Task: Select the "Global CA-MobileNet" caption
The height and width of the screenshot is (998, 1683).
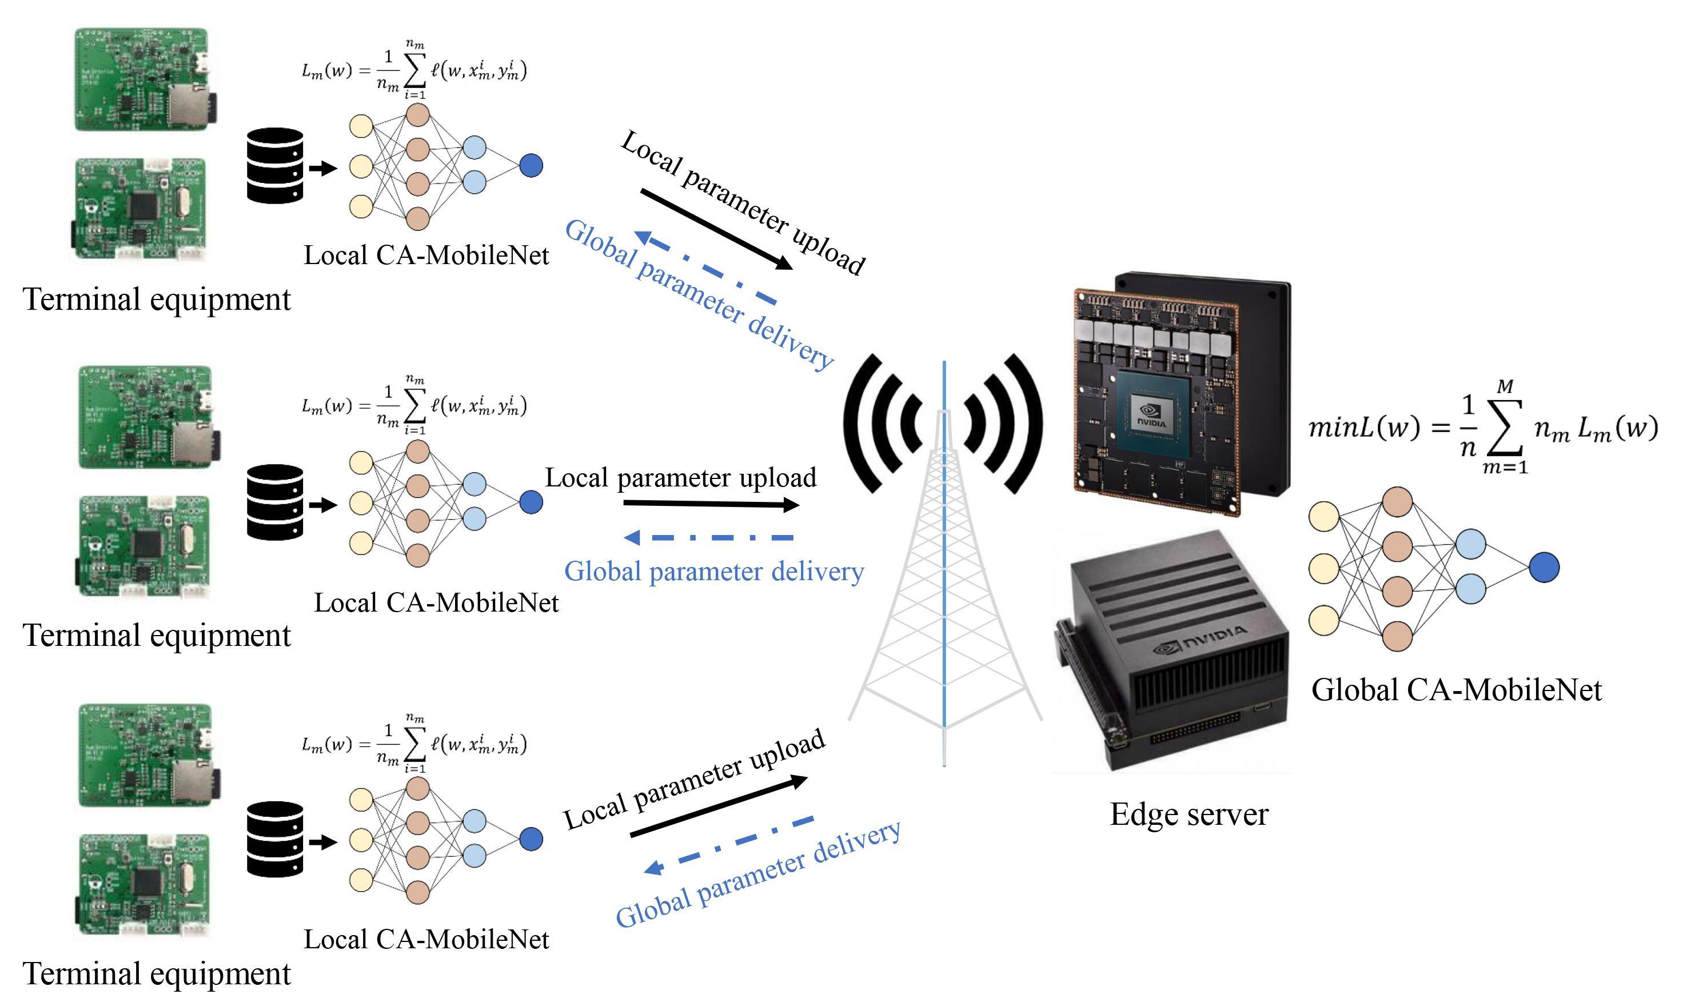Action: (x=1457, y=690)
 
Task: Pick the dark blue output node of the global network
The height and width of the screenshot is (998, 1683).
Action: (x=1544, y=568)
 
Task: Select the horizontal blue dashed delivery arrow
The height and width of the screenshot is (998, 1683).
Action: (x=709, y=537)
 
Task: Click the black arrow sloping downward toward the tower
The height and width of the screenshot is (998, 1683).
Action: (x=717, y=229)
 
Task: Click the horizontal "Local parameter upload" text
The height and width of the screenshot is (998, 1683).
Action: (x=680, y=477)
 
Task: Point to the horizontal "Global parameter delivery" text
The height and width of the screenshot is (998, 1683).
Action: (x=714, y=571)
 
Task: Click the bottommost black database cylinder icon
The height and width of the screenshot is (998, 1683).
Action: (x=275, y=839)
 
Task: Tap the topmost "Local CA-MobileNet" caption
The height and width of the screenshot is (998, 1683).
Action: (x=426, y=256)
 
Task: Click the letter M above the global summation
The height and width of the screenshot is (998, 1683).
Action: (x=1505, y=387)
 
